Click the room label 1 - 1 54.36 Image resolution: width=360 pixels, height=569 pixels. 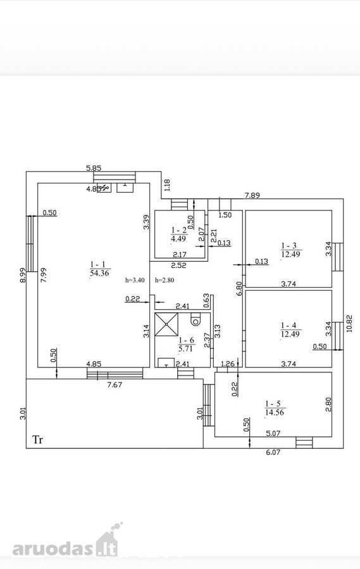click(x=99, y=269)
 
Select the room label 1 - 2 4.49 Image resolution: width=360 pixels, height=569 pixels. click(x=178, y=234)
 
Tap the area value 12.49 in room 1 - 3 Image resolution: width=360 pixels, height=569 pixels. click(x=290, y=254)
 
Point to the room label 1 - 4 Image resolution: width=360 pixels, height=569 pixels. click(x=290, y=326)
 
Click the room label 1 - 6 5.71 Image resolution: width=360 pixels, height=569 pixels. click(x=187, y=345)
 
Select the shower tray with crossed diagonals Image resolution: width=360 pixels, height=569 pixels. click(x=167, y=324)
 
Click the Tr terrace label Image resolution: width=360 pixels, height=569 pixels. click(x=38, y=440)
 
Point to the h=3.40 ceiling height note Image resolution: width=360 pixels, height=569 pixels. click(x=135, y=280)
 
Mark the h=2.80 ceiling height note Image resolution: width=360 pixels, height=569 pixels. click(x=164, y=280)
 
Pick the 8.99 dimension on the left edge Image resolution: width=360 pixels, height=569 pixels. click(x=23, y=275)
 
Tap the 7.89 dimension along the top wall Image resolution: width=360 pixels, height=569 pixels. click(x=252, y=195)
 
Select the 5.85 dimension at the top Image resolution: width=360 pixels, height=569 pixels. click(x=94, y=168)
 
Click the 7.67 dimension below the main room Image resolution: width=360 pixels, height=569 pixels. click(x=115, y=384)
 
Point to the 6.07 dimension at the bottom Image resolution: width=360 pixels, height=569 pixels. click(x=273, y=452)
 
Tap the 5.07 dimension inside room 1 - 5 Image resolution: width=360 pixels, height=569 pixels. click(x=273, y=432)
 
